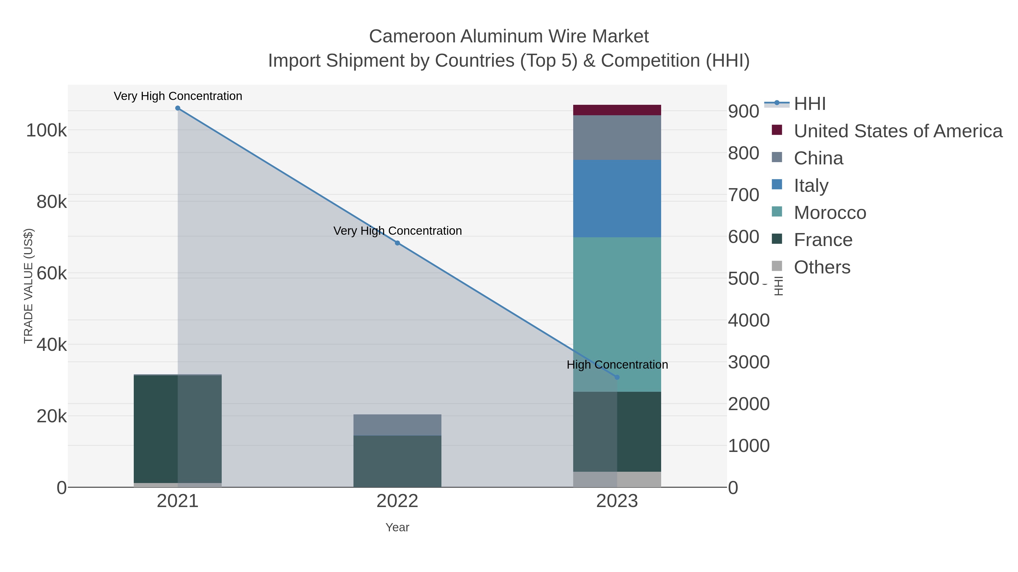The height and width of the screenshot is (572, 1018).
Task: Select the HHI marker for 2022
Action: coord(397,243)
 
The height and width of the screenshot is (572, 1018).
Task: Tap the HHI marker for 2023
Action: coord(617,377)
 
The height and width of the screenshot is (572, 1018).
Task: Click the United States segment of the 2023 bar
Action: coord(617,110)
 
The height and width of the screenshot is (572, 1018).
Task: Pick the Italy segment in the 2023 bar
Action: coord(617,198)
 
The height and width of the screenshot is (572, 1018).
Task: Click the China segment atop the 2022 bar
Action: coord(397,425)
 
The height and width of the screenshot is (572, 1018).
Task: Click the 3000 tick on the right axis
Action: coord(749,362)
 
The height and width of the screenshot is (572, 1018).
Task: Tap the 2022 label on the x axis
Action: coord(397,501)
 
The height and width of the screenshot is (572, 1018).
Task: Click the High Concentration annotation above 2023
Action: coord(617,365)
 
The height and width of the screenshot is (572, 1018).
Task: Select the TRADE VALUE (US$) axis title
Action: coord(29,286)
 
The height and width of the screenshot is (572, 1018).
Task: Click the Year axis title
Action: coord(397,527)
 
